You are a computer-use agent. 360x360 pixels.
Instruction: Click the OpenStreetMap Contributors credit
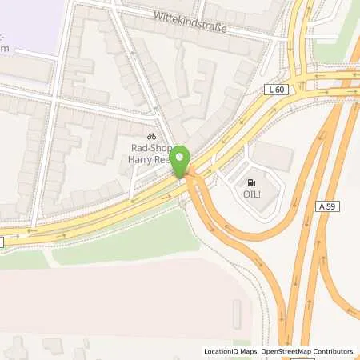310,351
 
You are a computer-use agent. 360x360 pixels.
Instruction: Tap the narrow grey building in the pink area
237,314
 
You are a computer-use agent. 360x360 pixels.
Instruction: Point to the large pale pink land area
120,296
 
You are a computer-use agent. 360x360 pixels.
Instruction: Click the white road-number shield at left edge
2,241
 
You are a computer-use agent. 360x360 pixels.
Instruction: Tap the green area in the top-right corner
336,32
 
